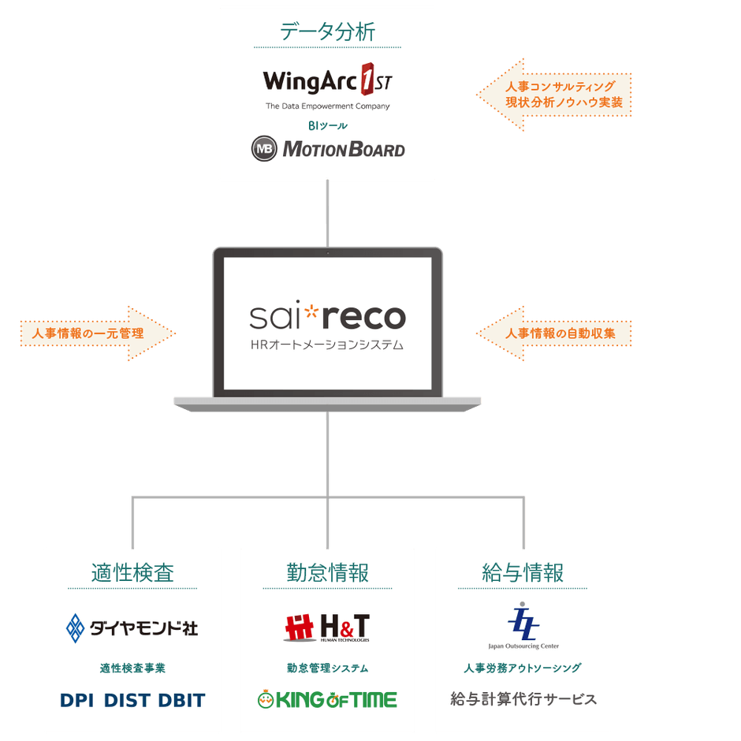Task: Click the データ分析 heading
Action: (327, 32)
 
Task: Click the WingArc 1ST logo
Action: (327, 82)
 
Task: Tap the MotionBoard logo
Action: (327, 148)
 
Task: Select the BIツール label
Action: (327, 125)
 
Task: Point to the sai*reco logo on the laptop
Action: (327, 317)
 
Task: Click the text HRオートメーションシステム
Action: (327, 344)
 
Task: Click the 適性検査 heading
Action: (132, 572)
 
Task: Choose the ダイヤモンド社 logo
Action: (132, 627)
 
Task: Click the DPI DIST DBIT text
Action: (132, 699)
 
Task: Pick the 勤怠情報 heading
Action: (327, 572)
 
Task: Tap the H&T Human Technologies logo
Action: (327, 627)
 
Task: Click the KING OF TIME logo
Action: (327, 699)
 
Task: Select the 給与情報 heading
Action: (523, 572)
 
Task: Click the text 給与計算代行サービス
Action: (523, 699)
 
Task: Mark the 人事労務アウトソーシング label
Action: (523, 668)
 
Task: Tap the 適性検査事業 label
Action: (132, 668)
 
